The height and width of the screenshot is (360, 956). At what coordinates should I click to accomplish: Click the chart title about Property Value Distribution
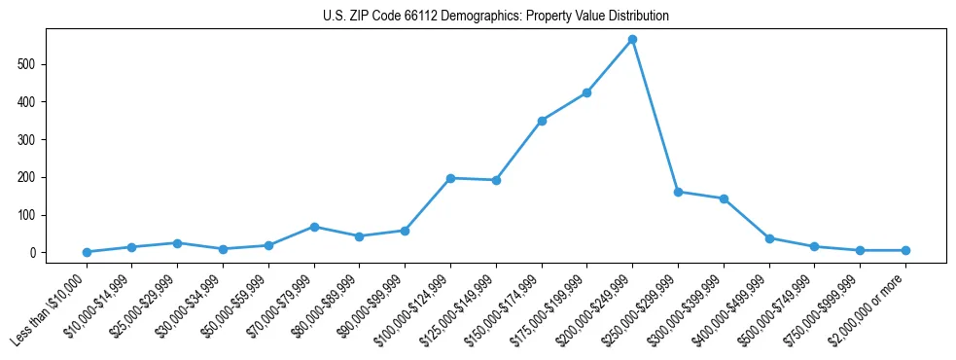pos(495,17)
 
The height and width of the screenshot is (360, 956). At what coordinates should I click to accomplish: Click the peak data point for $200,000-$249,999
pos(632,40)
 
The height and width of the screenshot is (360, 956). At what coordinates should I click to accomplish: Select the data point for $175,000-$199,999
pos(586,93)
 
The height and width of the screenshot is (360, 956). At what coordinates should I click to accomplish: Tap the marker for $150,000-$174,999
pos(542,121)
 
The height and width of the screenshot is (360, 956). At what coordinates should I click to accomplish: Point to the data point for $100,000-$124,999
pos(450,178)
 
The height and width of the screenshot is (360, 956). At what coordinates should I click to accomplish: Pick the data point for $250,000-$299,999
pos(678,192)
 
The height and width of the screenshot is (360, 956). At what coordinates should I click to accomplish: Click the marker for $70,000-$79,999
pos(314,227)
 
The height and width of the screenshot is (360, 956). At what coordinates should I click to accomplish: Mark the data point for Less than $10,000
pos(87,252)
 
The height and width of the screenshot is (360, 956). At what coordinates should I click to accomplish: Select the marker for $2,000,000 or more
pos(905,250)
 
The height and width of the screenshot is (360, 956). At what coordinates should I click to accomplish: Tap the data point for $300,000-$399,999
pos(724,198)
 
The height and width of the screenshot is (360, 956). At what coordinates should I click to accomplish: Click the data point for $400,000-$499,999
pos(769,238)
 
